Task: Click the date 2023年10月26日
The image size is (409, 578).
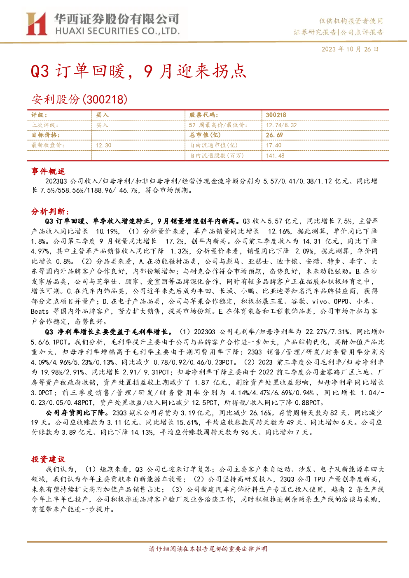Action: click(350, 49)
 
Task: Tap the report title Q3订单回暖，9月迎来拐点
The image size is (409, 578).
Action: click(138, 71)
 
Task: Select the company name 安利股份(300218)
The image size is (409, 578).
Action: click(79, 99)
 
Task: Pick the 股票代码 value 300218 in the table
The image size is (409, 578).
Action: click(276, 115)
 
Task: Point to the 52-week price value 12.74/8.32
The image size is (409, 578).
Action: click(281, 125)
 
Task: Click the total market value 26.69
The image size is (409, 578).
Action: click(274, 135)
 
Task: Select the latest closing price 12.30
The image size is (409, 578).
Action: click(103, 145)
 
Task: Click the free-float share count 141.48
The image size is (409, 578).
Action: click(275, 156)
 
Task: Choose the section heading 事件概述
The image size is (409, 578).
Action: click(48, 171)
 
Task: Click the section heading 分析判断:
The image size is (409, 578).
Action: click(50, 212)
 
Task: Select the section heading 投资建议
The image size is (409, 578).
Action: click(48, 459)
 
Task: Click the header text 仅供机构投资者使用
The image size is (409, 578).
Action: click(351, 21)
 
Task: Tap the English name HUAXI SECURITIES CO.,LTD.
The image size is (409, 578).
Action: click(117, 31)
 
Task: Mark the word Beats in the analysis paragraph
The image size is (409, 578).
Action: click(40, 312)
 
